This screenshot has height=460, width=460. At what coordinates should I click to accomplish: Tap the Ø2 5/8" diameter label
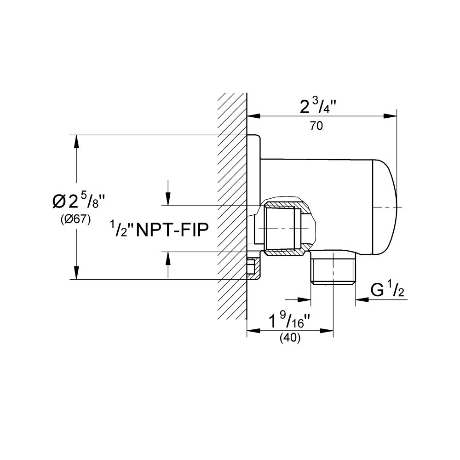(76, 201)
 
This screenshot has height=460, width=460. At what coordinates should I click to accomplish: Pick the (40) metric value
(290, 338)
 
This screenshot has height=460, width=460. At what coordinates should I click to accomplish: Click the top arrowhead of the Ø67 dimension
(76, 140)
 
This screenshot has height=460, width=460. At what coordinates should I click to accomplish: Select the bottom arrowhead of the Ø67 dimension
(76, 273)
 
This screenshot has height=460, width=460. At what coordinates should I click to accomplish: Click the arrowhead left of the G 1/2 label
(360, 299)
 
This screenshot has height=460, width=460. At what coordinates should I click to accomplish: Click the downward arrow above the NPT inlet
(169, 200)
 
